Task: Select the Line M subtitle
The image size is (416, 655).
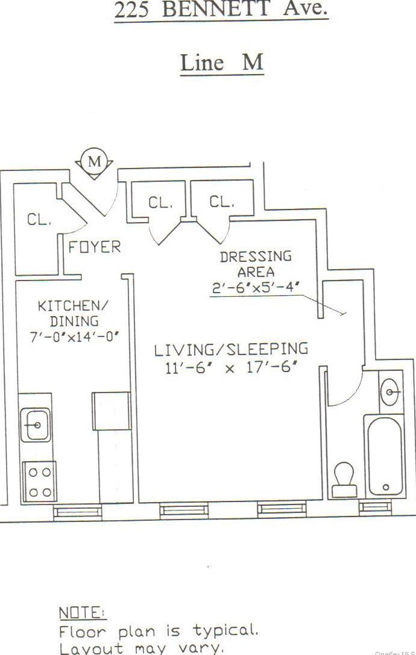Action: (x=222, y=63)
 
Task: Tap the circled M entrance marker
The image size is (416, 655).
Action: (x=95, y=161)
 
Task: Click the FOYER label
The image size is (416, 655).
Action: (x=94, y=247)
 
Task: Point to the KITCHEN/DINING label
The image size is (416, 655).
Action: (x=66, y=313)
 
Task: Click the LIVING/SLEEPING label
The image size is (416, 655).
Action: (x=231, y=349)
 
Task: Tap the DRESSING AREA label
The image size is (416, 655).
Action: (x=256, y=264)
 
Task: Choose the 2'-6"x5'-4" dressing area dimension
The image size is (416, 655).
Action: (x=254, y=288)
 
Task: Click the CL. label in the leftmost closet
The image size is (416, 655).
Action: (x=39, y=220)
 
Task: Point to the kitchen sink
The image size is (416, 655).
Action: (x=36, y=424)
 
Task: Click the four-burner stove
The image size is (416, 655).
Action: (x=40, y=482)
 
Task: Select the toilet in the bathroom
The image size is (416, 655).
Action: (x=345, y=479)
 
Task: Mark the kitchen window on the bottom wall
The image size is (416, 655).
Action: (x=77, y=511)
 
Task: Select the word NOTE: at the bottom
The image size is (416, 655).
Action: (x=82, y=613)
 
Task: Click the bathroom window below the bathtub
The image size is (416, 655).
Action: (x=375, y=508)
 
